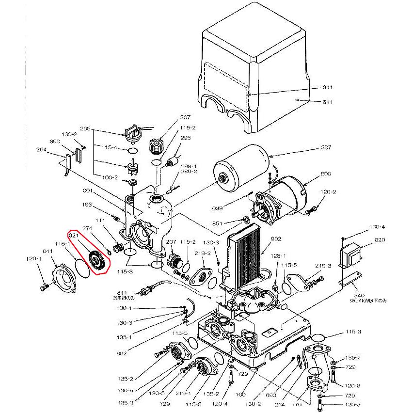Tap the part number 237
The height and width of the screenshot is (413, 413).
pyautogui.click(x=325, y=148)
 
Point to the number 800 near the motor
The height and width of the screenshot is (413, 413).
pyautogui.click(x=325, y=174)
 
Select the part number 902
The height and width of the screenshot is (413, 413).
pyautogui.click(x=276, y=238)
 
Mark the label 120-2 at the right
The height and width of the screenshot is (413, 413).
pyautogui.click(x=329, y=192)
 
